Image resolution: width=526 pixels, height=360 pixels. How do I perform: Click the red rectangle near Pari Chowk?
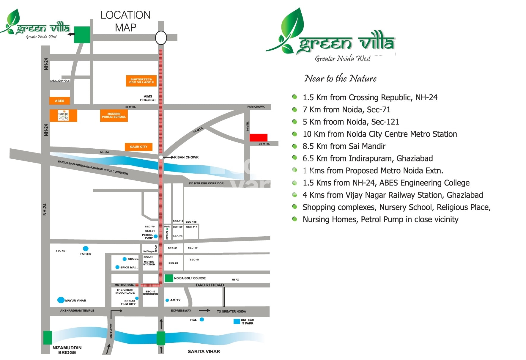[x=258, y=137]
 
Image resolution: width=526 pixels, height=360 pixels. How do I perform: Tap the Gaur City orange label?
[x=138, y=147]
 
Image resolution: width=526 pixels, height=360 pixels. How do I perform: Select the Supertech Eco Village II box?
[x=141, y=81]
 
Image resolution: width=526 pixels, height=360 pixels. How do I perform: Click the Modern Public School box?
[x=114, y=115]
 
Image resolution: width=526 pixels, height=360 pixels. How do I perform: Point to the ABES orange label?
[x=59, y=101]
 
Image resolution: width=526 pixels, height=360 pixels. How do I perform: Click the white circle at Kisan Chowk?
[x=161, y=157]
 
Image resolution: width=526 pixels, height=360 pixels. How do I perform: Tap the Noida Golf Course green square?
[x=169, y=278]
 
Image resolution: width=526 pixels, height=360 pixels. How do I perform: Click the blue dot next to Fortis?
[x=86, y=249]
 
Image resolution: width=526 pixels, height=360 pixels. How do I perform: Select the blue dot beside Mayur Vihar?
[x=61, y=300]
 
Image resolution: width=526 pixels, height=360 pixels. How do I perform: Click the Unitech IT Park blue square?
[x=237, y=321]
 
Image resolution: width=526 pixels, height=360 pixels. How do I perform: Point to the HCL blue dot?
[x=202, y=320]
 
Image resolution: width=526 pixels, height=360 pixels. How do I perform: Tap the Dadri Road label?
[x=210, y=285]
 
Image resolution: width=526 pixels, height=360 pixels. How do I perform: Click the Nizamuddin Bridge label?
[x=67, y=350]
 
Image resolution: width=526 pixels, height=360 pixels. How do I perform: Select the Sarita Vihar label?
[x=204, y=351]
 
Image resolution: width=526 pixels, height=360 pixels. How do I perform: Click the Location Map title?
[x=125, y=21]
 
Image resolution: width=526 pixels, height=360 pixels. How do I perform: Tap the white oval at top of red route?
[x=161, y=38]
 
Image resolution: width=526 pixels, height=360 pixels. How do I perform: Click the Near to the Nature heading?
[x=340, y=78]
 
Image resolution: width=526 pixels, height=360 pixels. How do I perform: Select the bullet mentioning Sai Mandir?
[x=344, y=146]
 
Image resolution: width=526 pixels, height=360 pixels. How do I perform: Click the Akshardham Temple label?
[x=77, y=311]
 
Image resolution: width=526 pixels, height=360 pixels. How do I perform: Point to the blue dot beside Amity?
[x=167, y=300]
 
